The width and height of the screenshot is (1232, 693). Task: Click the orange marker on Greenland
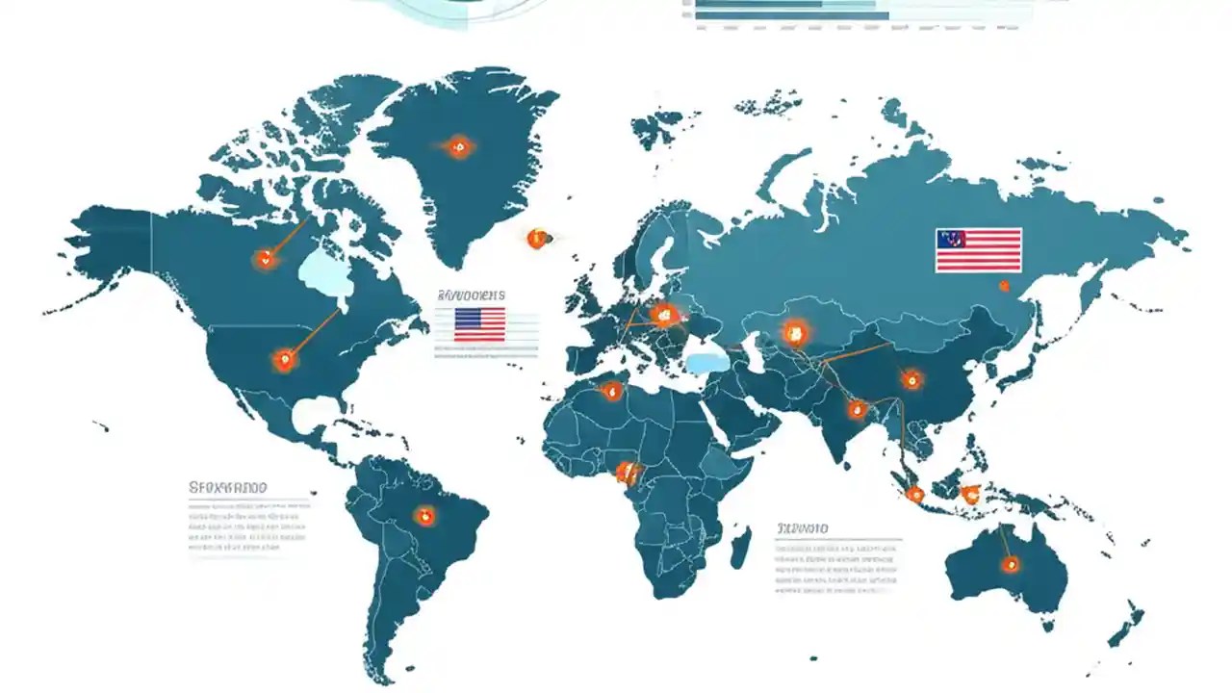tap(459, 147)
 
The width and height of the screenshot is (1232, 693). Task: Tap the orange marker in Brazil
tap(423, 516)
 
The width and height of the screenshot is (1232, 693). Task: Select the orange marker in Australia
tap(1010, 564)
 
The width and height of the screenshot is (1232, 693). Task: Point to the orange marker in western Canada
tap(265, 258)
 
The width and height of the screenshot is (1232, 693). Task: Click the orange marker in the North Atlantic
tap(537, 239)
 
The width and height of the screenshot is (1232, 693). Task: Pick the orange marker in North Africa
tap(611, 390)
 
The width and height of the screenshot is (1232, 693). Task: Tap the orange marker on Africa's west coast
tap(628, 472)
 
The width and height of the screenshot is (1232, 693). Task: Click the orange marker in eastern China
tap(911, 380)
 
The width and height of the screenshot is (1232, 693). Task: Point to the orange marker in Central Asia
tap(794, 334)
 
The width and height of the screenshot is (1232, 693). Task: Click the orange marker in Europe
tap(663, 314)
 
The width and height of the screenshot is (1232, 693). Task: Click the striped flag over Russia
tap(978, 249)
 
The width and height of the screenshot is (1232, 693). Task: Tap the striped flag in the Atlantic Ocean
tap(479, 324)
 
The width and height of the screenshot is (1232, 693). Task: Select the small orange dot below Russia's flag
tap(1004, 286)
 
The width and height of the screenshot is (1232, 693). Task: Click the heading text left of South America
tap(228, 488)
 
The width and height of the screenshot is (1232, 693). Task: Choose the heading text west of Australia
tap(803, 528)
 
